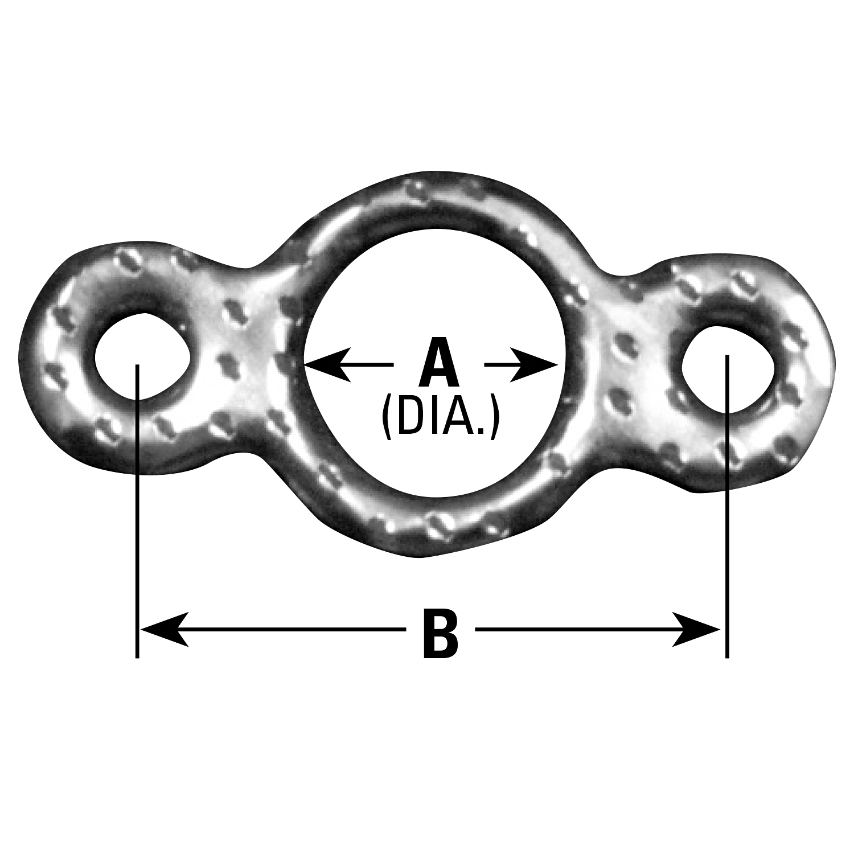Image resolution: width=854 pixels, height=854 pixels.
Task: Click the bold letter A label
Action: tap(438, 363)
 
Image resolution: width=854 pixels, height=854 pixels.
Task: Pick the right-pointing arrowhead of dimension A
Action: tap(534, 363)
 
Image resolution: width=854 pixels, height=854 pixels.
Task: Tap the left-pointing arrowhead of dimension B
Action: tap(165, 630)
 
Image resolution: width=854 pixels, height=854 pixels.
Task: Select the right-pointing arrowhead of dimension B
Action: tap(696, 630)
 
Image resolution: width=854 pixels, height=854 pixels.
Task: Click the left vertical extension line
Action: tap(137, 510)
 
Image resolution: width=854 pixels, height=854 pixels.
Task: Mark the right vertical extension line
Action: tap(727, 506)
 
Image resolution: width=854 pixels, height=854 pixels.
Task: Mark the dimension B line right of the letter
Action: tap(598, 630)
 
